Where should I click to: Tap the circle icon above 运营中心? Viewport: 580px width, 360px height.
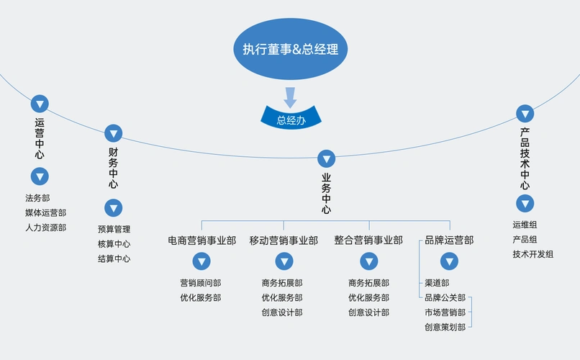(40, 103)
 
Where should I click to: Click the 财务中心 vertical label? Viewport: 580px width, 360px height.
(114, 168)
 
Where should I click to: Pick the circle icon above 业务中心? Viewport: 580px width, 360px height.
(327, 158)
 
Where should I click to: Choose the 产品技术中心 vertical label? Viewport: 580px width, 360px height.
(525, 154)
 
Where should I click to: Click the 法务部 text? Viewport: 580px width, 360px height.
(37, 198)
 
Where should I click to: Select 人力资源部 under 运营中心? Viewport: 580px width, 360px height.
(45, 228)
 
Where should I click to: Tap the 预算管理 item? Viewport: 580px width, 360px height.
(114, 229)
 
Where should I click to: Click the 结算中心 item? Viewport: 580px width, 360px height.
(114, 258)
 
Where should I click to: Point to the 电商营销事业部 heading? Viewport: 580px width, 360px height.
(201, 240)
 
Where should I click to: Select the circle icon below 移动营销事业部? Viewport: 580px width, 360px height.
(284, 262)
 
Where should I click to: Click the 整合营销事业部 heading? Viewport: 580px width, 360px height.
(368, 240)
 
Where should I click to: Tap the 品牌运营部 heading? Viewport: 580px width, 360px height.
(449, 240)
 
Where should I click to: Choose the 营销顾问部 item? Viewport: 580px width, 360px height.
(201, 283)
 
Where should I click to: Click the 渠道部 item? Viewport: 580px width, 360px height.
(437, 283)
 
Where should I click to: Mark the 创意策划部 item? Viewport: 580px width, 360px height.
(445, 327)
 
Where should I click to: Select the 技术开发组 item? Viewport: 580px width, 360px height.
(533, 254)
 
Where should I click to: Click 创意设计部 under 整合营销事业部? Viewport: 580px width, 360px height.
(368, 312)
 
